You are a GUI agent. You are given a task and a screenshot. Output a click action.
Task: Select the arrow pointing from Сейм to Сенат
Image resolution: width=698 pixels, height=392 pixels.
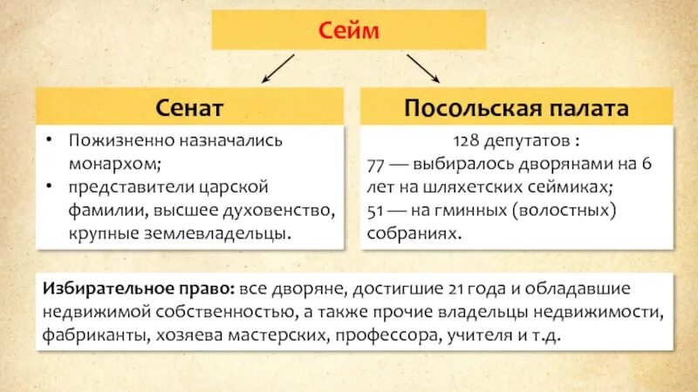[x=278, y=68]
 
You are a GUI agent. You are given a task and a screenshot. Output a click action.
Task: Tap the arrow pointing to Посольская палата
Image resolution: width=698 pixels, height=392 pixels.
[x=422, y=68]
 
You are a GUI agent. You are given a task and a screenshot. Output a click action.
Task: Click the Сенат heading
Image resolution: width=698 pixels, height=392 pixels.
[x=190, y=107]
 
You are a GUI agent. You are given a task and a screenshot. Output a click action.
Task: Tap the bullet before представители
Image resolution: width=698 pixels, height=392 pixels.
[x=51, y=186]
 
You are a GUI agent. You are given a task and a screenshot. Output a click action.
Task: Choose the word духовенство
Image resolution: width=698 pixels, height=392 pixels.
[x=277, y=210]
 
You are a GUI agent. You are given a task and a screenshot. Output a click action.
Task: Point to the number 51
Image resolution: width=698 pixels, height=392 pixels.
[x=380, y=211]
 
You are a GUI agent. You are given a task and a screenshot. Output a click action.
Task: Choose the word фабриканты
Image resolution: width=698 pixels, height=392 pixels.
[x=92, y=335]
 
